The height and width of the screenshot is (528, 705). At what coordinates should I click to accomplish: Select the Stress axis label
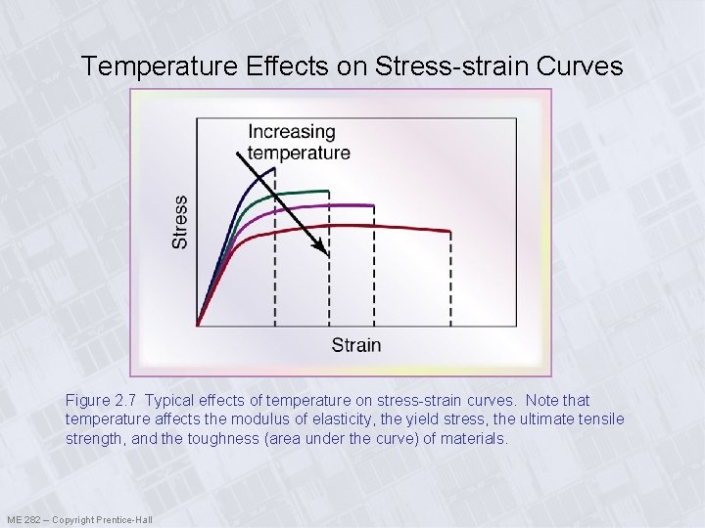point(180,222)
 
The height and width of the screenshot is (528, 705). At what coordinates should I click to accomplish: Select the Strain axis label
point(356,345)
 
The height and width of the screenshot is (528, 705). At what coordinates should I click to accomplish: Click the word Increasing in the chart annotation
point(291,132)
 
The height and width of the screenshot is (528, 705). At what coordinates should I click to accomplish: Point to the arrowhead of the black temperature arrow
point(326,253)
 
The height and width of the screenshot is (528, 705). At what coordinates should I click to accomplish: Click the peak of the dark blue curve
point(273,168)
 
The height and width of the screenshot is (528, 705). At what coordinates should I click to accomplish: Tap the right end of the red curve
point(450,232)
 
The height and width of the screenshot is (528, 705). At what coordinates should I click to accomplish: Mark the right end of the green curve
point(328,192)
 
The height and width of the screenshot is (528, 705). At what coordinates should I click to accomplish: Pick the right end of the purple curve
point(374,205)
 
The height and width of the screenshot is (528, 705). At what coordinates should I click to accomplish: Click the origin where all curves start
point(198,325)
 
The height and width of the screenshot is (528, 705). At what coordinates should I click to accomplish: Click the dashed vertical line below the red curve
point(450,284)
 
